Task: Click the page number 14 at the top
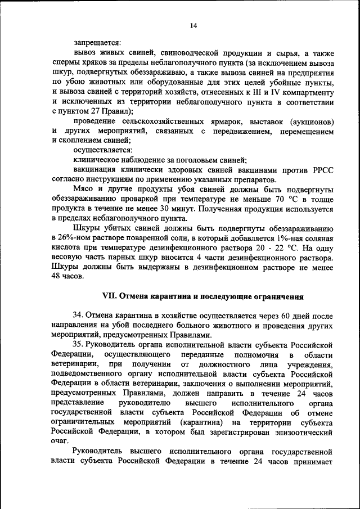[x=193, y=25]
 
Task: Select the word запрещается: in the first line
[x=96, y=42]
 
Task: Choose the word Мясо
[x=84, y=190]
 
